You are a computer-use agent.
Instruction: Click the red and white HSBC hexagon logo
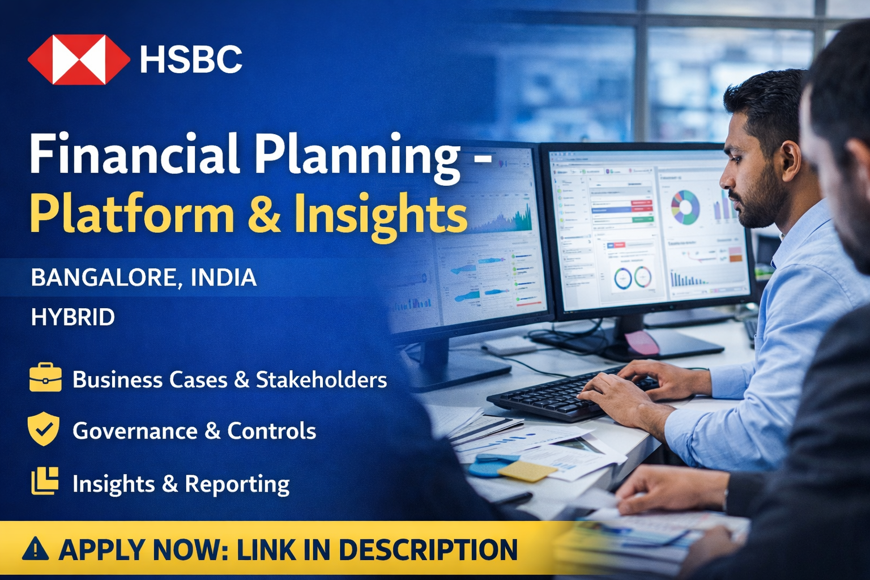78,59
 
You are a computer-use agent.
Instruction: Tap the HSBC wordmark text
191,59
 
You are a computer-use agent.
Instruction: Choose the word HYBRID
72,317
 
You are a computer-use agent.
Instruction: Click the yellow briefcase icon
45,378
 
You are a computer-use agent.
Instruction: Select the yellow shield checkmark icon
44,429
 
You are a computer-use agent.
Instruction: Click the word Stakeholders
321,379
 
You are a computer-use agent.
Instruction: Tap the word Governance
135,431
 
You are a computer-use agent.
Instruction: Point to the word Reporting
237,484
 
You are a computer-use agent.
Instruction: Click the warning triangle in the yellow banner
36,549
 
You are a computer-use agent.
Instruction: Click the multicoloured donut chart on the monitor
685,207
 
